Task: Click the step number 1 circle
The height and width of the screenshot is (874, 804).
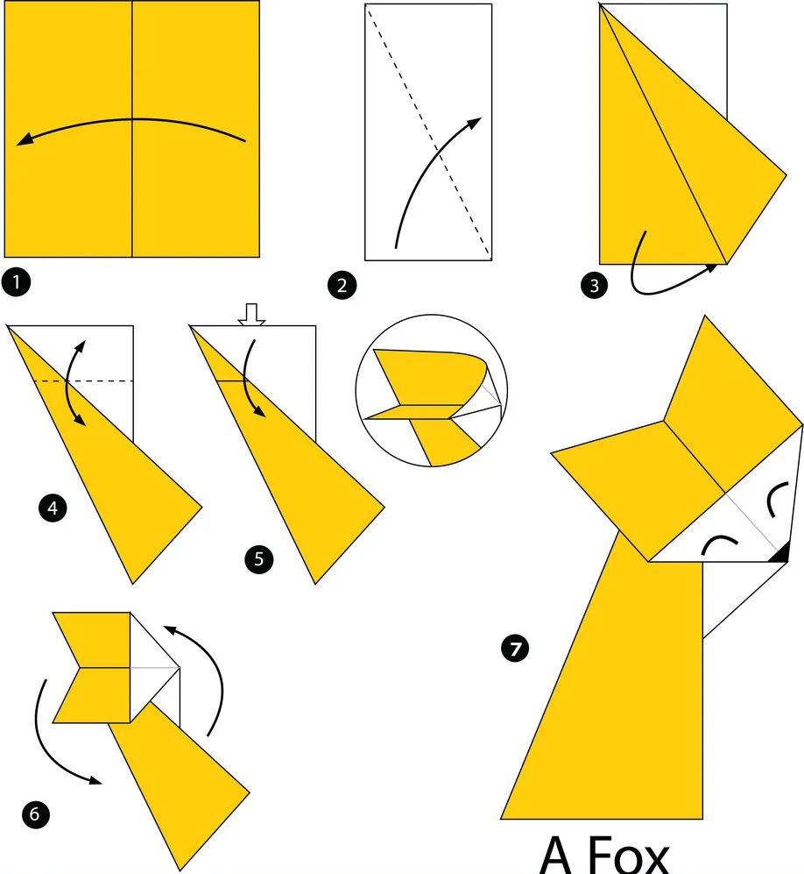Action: coord(16,282)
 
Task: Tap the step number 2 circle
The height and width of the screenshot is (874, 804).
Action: coord(342,286)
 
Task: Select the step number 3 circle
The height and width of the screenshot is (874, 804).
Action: coord(594,286)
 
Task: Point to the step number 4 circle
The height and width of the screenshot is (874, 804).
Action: coord(53,508)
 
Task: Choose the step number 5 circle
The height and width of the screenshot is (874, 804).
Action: coord(259,558)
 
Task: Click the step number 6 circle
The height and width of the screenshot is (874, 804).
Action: coord(35,814)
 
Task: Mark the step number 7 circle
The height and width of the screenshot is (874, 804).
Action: coord(515,649)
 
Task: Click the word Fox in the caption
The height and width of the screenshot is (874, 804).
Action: coord(626,856)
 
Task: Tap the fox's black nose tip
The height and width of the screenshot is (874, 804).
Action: coord(781,553)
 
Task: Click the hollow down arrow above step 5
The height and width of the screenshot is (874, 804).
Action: coord(251,315)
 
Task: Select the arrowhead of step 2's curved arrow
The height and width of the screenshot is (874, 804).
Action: coord(475,123)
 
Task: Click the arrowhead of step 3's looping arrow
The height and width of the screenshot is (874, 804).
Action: coord(711,267)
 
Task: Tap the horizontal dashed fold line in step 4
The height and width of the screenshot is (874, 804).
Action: coord(83,381)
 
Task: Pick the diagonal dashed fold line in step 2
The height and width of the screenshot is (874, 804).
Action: coord(428,132)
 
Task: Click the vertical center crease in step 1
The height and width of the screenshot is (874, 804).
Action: coord(132,129)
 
